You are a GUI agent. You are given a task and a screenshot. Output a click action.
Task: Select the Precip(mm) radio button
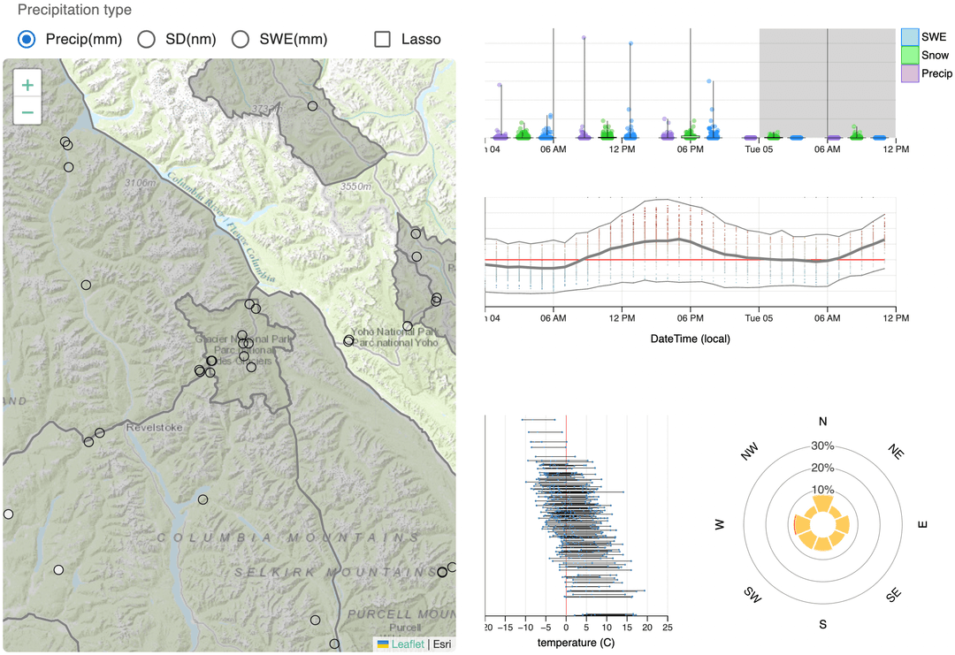pyautogui.click(x=27, y=39)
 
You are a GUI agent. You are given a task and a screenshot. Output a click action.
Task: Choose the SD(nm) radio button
pyautogui.click(x=147, y=39)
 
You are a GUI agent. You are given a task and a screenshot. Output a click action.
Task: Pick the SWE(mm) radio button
pyautogui.click(x=240, y=39)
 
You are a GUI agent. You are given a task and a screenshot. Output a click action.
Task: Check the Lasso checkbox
pyautogui.click(x=383, y=39)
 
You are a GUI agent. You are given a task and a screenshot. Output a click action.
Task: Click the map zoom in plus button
pyautogui.click(x=28, y=86)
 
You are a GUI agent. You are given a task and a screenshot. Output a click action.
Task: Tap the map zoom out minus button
pyautogui.click(x=28, y=112)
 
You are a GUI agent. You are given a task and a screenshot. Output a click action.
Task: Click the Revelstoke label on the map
pyautogui.click(x=154, y=427)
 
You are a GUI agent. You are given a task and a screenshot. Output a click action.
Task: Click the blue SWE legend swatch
pyautogui.click(x=909, y=36)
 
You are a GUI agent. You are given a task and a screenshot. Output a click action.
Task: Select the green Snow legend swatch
pyautogui.click(x=909, y=56)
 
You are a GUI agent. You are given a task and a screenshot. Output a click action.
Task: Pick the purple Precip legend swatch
pyautogui.click(x=909, y=75)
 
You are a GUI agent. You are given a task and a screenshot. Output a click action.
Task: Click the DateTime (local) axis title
pyautogui.click(x=690, y=339)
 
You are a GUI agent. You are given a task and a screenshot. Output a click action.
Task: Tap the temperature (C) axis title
pyautogui.click(x=576, y=643)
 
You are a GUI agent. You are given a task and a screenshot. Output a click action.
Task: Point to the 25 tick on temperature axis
pyautogui.click(x=667, y=627)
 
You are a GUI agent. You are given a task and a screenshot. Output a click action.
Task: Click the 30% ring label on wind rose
pyautogui.click(x=822, y=446)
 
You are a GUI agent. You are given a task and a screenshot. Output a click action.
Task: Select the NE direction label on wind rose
pyautogui.click(x=896, y=452)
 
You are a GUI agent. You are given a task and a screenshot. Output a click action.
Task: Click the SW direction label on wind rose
pyautogui.click(x=752, y=594)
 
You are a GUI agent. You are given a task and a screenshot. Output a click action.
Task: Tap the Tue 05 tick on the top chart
pyautogui.click(x=759, y=149)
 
